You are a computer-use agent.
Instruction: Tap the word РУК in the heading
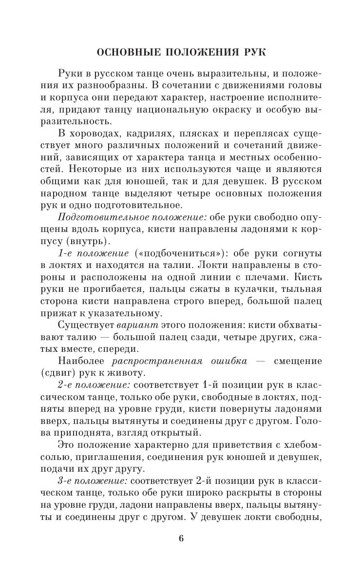[252, 52]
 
